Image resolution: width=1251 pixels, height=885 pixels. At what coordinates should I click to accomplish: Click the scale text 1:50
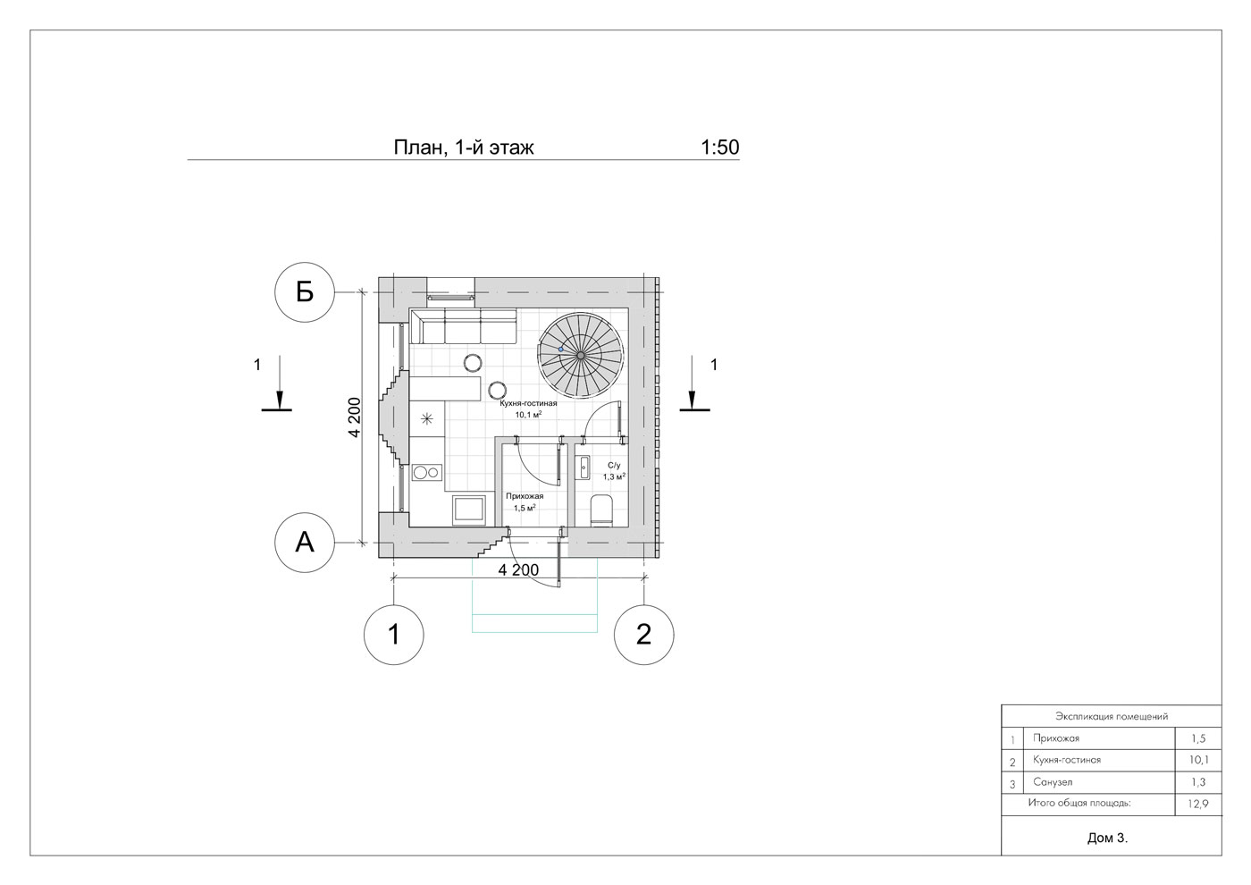[720, 147]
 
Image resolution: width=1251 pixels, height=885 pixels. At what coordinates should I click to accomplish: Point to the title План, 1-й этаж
[464, 148]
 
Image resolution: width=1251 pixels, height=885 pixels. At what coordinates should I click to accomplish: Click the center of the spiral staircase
[581, 356]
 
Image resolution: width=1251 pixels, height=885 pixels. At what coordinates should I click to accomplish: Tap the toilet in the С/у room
[601, 510]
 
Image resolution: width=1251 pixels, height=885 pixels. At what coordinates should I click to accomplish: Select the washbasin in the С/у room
[584, 467]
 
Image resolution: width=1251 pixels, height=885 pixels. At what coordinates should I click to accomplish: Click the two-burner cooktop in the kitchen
[427, 473]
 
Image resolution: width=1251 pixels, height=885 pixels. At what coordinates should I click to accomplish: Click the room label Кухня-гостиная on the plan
[528, 403]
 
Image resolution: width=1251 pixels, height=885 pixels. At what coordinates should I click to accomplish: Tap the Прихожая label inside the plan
[525, 496]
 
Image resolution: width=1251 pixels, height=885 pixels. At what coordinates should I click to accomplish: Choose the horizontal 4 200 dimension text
[518, 570]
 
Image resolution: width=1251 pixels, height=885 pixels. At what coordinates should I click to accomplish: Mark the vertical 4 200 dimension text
[354, 417]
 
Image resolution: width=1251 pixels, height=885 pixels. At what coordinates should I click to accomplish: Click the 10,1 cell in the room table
[1199, 760]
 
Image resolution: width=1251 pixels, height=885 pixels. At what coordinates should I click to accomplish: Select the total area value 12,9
[1198, 804]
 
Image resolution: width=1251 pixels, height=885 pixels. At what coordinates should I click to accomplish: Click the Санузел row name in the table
[1053, 782]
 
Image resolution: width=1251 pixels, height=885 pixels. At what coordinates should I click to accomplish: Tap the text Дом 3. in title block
[1107, 839]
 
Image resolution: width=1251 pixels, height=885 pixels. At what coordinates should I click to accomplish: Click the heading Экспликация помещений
[1112, 716]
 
